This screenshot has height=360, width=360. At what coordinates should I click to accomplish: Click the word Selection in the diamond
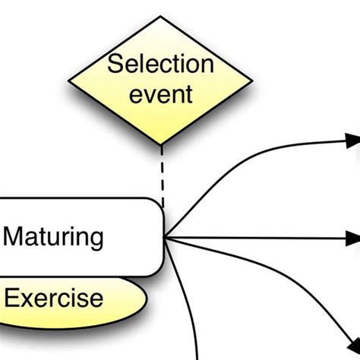[x=160, y=64]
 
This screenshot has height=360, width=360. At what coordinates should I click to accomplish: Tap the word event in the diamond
[x=160, y=96]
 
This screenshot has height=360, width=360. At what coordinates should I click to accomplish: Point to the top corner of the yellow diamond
[x=161, y=16]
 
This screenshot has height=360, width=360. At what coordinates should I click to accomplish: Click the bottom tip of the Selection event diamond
[x=161, y=144]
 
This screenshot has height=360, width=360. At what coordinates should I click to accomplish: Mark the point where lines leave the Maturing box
[x=166, y=238]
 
